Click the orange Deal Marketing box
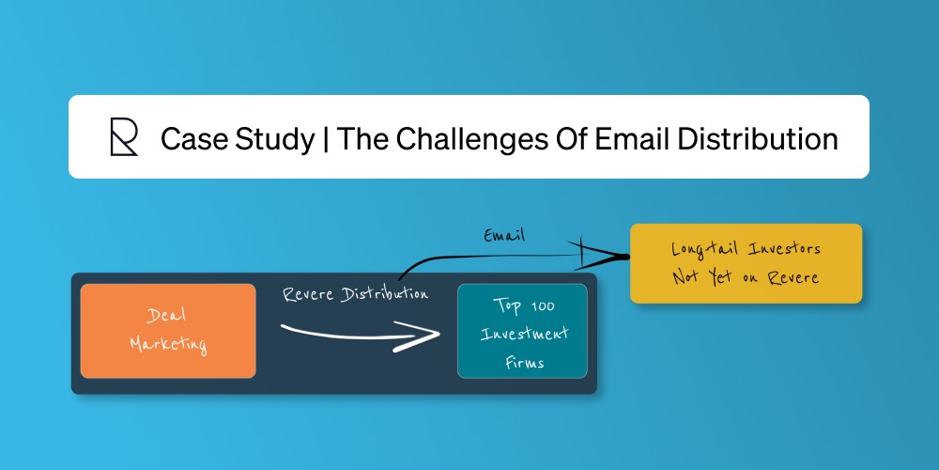pyautogui.click(x=168, y=331)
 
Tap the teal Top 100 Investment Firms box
pyautogui.click(x=522, y=331)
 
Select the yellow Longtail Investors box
pyautogui.click(x=746, y=263)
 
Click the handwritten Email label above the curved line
pyautogui.click(x=504, y=236)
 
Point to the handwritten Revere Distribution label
pyautogui.click(x=356, y=294)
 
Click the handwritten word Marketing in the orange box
pyautogui.click(x=168, y=345)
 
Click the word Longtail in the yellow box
pyautogui.click(x=700, y=249)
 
